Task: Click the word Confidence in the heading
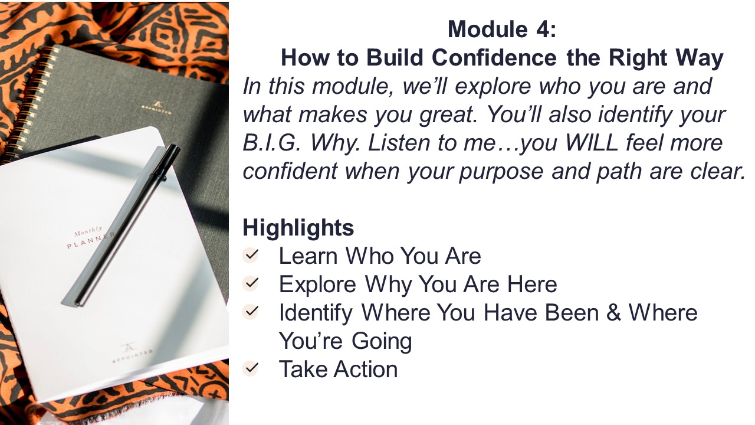[x=494, y=58]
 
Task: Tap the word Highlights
[x=298, y=228]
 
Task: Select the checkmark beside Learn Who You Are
[x=251, y=254]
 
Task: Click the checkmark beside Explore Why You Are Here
[x=251, y=283]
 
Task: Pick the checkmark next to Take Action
[x=251, y=368]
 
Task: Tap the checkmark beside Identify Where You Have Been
[x=251, y=311]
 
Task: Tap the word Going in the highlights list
[x=382, y=341]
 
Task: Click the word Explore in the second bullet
[x=317, y=285]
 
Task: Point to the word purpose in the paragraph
[x=501, y=172]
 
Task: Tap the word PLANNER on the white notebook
[x=91, y=240]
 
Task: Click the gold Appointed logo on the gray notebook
[x=156, y=108]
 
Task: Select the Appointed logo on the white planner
[x=131, y=352]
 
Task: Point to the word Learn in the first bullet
[x=308, y=256]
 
